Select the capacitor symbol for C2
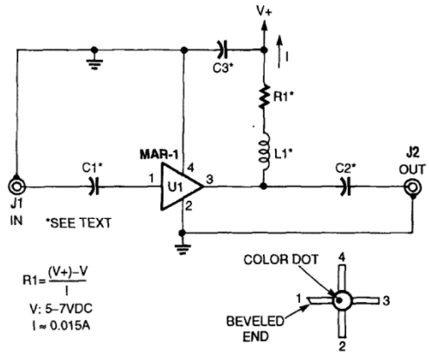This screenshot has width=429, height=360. coord(346,187)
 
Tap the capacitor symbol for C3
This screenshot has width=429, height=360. coord(221,50)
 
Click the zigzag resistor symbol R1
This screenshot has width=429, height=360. coord(264,97)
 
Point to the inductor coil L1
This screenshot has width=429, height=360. coord(265,151)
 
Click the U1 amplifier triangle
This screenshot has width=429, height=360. coord(181,186)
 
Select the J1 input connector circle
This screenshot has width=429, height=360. coord(16,187)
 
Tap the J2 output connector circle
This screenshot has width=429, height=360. coord(413,188)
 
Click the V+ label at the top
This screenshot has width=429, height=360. coord(264,13)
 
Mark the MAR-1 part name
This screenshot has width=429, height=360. coord(159,155)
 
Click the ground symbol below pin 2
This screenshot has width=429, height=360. coord(182,249)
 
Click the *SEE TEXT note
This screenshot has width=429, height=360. coord(79,223)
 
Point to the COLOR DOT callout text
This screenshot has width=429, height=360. coord(280,260)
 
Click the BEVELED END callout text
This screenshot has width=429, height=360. coord(255,329)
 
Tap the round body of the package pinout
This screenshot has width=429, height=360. coord(343,300)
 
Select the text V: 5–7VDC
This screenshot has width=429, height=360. coord(61,309)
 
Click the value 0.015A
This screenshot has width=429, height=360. coord(69,325)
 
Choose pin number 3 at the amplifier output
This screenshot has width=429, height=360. coord(210,179)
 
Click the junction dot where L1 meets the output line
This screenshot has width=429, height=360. coord(263,186)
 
